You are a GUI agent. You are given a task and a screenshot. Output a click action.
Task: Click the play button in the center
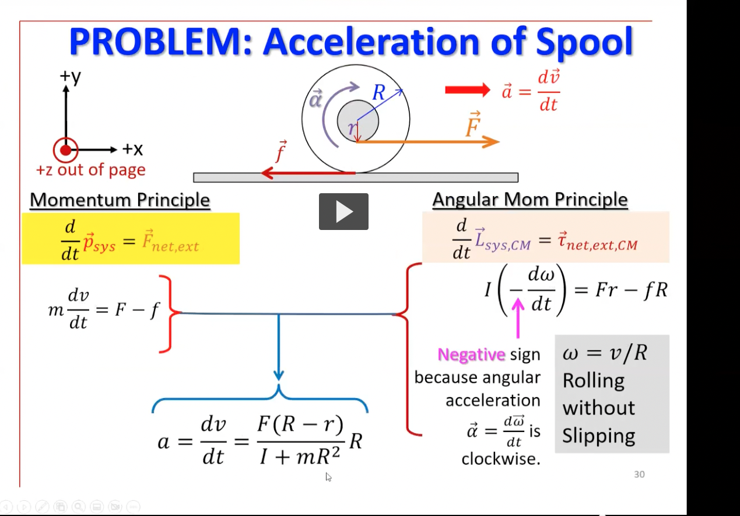343,211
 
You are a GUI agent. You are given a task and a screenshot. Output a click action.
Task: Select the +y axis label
70,77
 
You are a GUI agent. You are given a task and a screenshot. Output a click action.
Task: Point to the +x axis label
132,150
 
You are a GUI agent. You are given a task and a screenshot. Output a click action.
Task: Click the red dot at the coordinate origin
65,151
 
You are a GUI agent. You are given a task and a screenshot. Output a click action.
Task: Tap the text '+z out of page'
91,170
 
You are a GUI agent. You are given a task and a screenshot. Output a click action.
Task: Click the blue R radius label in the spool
379,92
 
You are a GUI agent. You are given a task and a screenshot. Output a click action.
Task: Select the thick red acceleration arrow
468,90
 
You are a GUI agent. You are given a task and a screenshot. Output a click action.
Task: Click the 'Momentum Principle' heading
120,200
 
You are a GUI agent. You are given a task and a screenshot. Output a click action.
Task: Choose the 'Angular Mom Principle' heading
529,200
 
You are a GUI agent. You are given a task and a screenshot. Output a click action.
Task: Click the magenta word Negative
471,354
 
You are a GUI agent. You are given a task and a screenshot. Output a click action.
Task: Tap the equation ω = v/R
605,353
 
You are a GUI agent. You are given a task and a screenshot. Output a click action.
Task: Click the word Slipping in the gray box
598,436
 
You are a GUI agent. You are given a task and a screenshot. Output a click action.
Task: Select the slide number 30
639,475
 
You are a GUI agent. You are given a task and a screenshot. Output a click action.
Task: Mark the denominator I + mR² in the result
299,456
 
